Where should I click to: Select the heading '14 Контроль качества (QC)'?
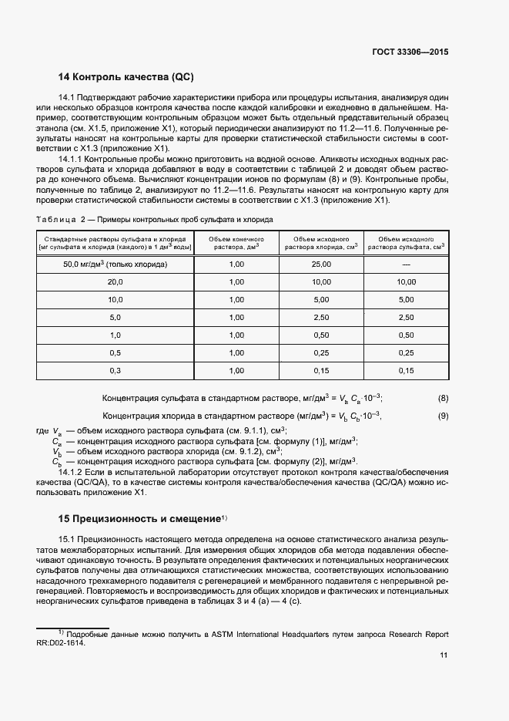tap(126, 77)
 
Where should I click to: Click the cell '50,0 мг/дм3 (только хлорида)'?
tap(115, 264)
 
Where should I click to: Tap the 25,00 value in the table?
tap(322, 264)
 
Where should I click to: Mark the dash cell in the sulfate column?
tap(406, 264)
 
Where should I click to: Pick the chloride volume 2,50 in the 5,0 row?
tap(322, 317)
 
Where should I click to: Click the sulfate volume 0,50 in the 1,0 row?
tap(406, 335)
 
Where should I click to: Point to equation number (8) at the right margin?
tap(443, 398)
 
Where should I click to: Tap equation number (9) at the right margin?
tap(443, 416)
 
